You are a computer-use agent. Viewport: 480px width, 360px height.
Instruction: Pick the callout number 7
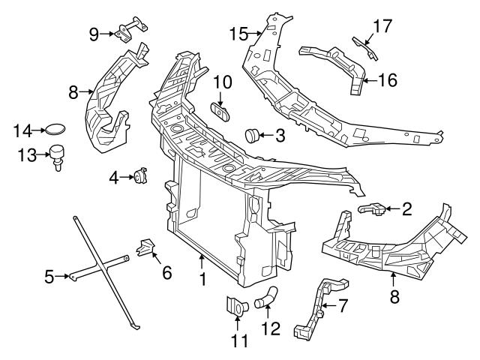343,306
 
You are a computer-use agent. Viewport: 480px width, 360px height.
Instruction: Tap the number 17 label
382,26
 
